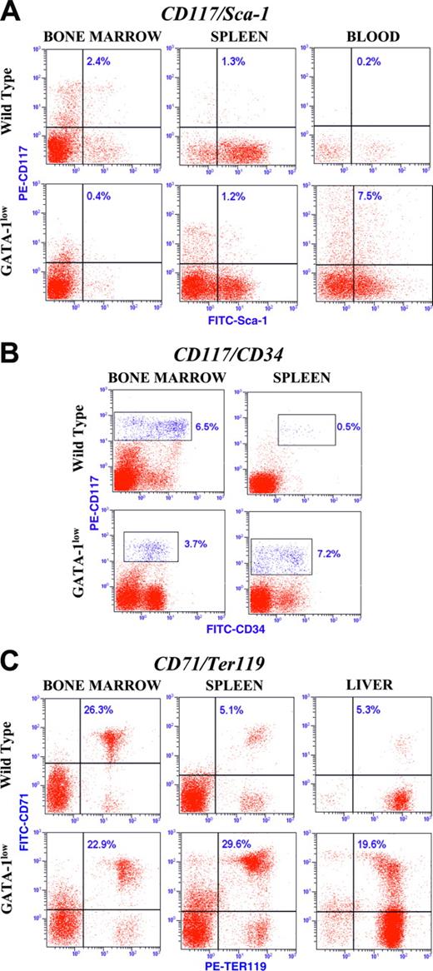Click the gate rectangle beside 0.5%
coord(306,430)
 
